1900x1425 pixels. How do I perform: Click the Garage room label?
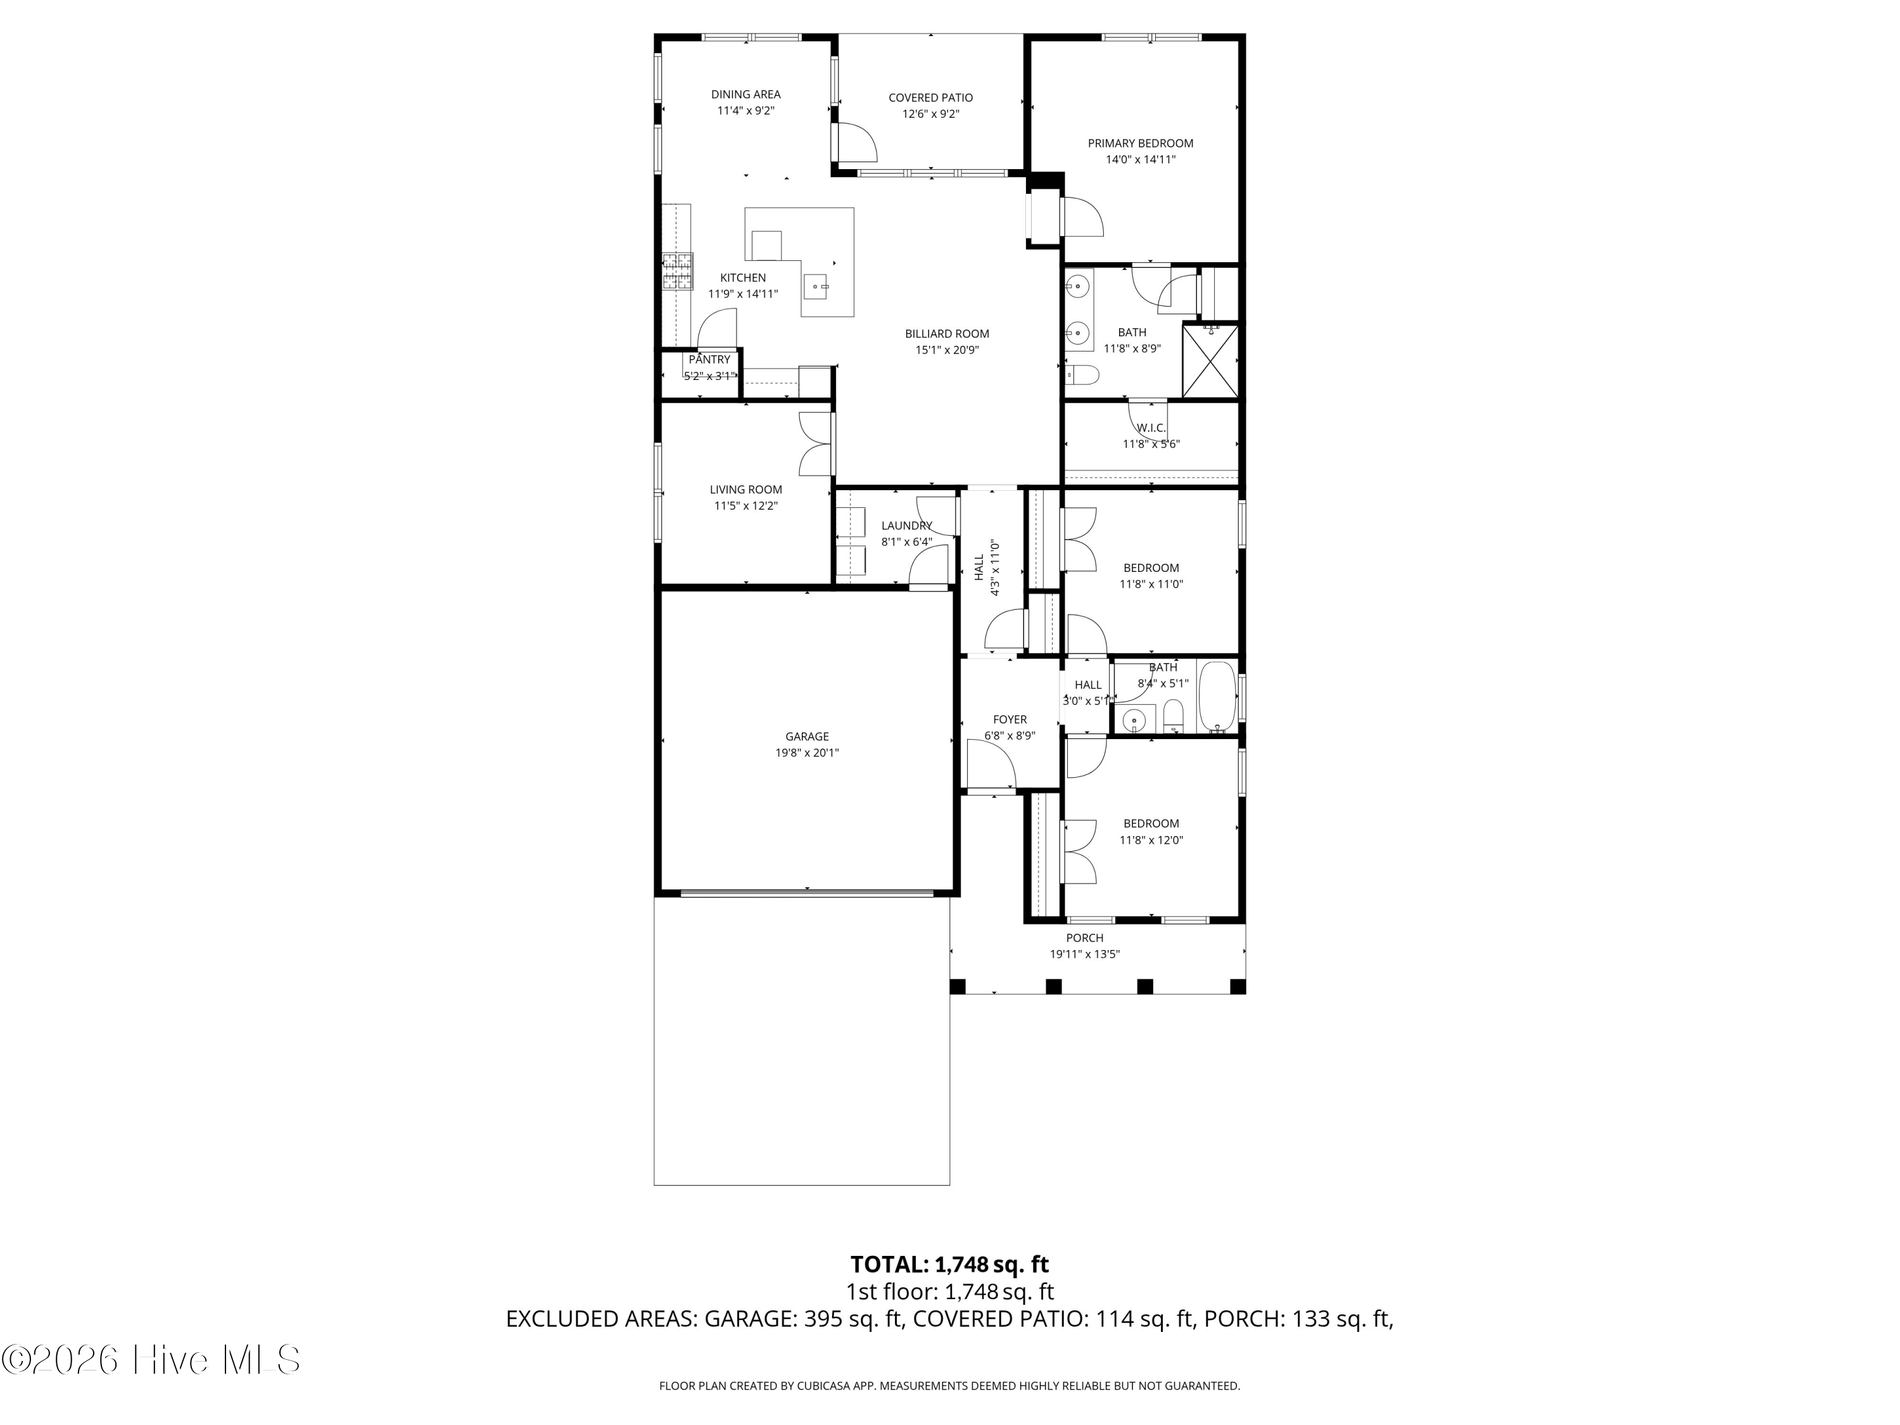[x=807, y=736]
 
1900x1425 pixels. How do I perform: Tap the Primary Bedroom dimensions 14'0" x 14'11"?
[x=1140, y=160]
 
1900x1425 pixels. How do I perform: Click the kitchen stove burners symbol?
[x=677, y=272]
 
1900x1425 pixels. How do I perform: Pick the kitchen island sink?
[x=215, y=284]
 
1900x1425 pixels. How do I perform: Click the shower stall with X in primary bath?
[x=1211, y=361]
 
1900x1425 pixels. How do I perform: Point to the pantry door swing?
[x=717, y=328]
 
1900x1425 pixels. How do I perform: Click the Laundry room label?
[x=906, y=526]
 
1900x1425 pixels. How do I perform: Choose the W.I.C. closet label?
[x=1151, y=427]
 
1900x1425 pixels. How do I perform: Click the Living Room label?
[x=745, y=490]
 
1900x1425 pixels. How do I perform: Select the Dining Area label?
[x=745, y=94]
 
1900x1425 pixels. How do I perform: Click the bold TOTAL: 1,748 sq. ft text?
[x=949, y=1264]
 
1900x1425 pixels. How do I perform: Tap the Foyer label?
[x=1010, y=720]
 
